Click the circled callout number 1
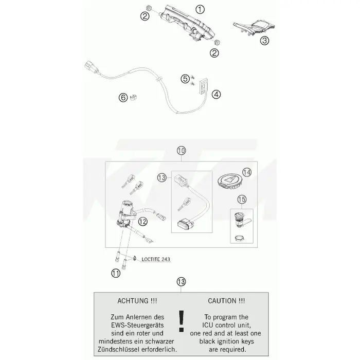[200, 10]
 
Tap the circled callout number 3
[264, 41]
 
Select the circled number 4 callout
[216, 94]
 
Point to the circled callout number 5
[185, 79]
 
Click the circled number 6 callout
[123, 97]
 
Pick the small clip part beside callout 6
[133, 97]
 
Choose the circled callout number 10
[182, 151]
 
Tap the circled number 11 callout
[116, 273]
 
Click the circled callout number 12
[142, 222]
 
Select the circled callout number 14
[247, 172]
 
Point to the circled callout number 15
[242, 200]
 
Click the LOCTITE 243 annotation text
[156, 259]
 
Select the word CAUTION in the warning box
[223, 301]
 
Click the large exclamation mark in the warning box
[182, 321]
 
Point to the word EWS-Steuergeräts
[137, 326]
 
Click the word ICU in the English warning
[208, 326]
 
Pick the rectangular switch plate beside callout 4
[204, 86]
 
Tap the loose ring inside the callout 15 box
[239, 238]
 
